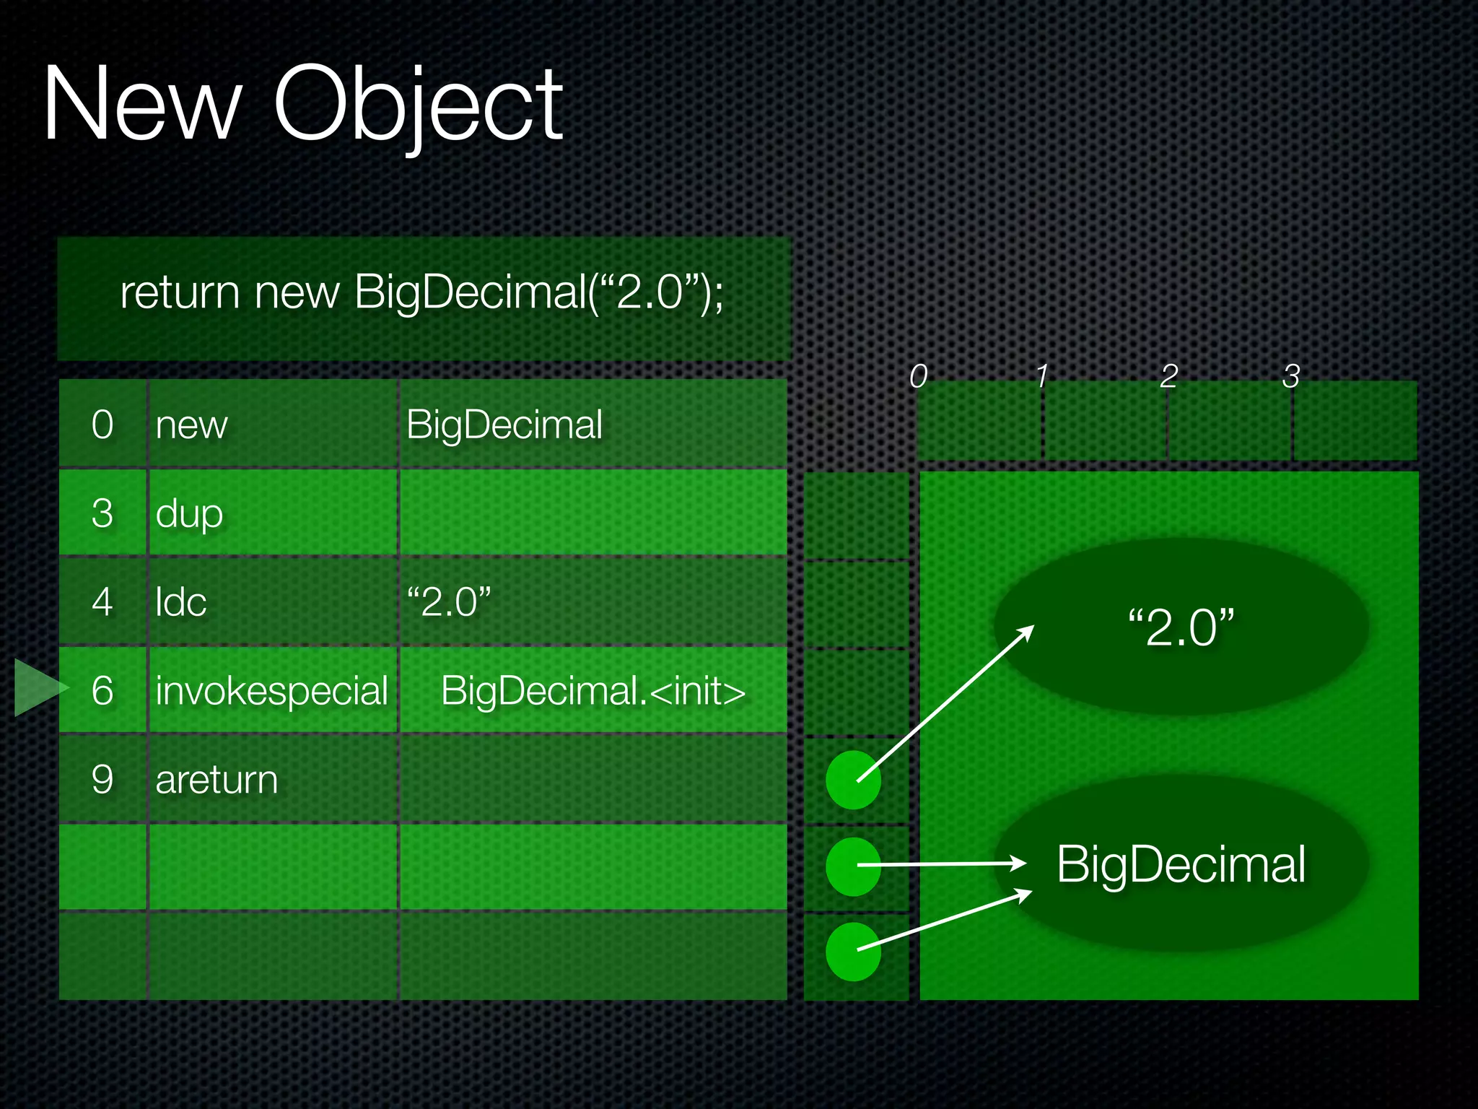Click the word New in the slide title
[141, 105]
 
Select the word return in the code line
[179, 293]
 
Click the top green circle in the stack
[853, 780]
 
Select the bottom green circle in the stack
[853, 952]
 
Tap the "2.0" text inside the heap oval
[1181, 627]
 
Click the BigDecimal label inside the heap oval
[1181, 864]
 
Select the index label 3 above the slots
[1291, 375]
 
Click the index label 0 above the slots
[918, 375]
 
